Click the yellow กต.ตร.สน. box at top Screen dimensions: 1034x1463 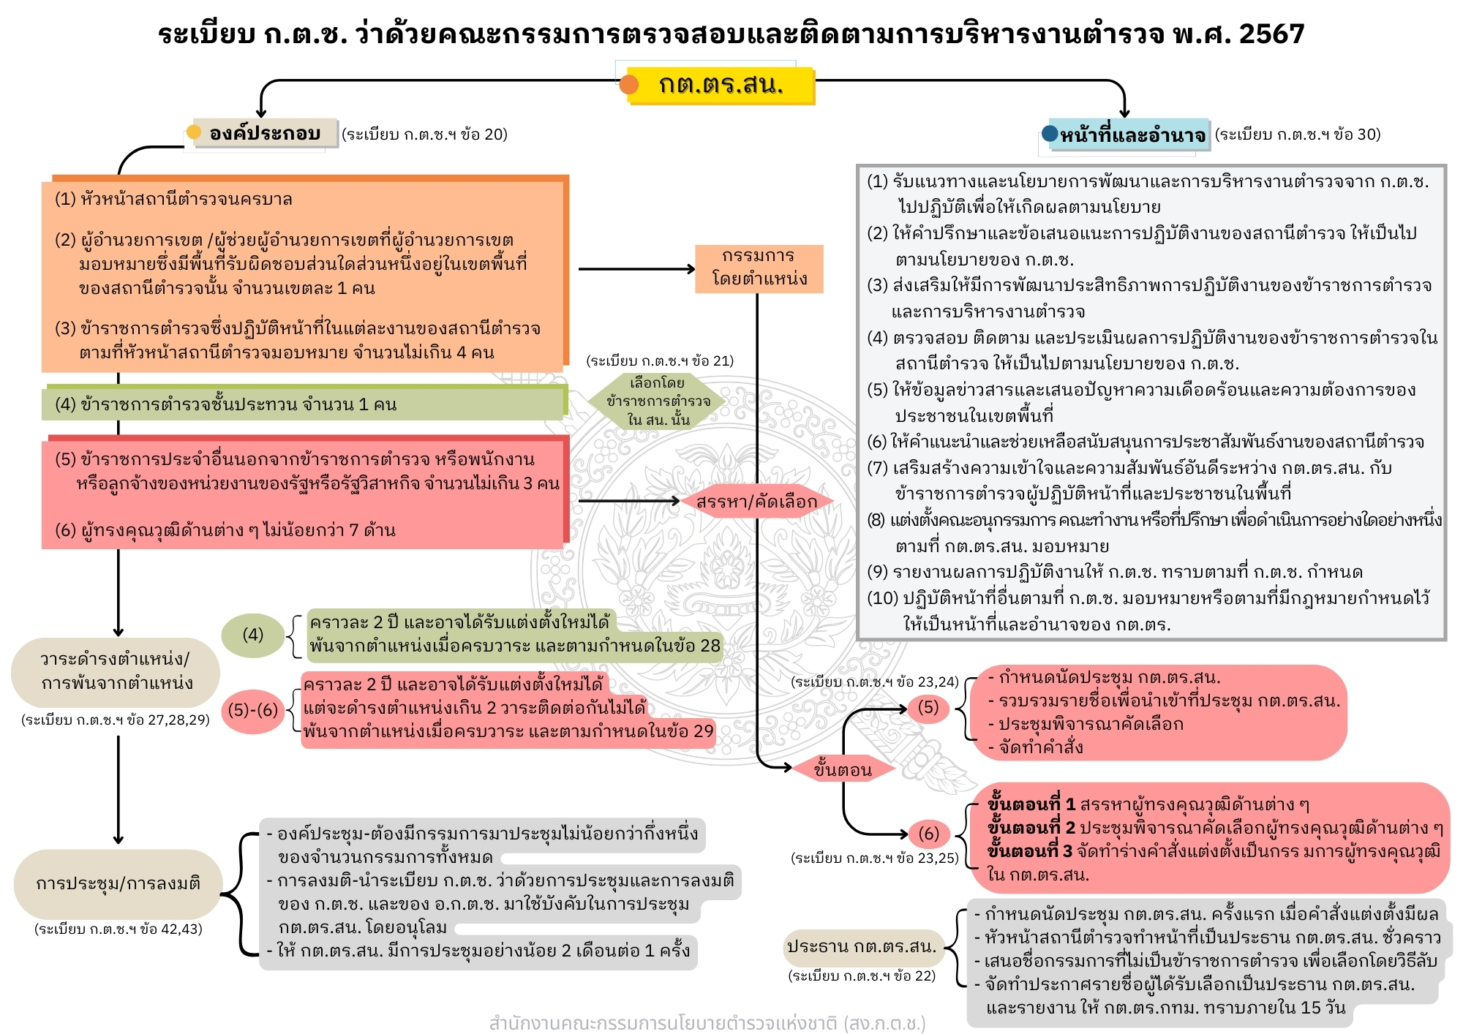coord(721,86)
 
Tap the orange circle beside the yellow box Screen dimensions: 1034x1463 coord(628,85)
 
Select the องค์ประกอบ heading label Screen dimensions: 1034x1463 coord(264,134)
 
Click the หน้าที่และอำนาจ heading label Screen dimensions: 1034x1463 coord(1132,135)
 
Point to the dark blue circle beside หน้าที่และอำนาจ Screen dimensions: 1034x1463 coord(1050,133)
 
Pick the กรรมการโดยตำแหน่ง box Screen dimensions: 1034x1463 coord(759,268)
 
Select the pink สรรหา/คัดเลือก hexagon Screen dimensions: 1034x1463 coord(756,502)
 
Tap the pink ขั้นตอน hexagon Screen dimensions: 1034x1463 coord(843,769)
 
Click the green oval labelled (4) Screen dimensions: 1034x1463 coord(252,635)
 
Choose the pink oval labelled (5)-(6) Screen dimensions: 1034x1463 coord(252,709)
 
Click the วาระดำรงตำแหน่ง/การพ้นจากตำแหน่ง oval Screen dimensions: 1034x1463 coord(116,671)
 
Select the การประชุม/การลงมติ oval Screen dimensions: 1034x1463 coord(117,883)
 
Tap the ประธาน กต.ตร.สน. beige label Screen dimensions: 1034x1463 coord(861,947)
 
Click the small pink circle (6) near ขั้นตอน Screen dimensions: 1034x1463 coord(928,834)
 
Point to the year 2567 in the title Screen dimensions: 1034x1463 coord(1272,34)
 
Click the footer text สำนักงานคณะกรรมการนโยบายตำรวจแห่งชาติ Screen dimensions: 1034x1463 coord(707,1022)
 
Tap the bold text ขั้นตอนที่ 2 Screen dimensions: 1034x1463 coord(1030,828)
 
